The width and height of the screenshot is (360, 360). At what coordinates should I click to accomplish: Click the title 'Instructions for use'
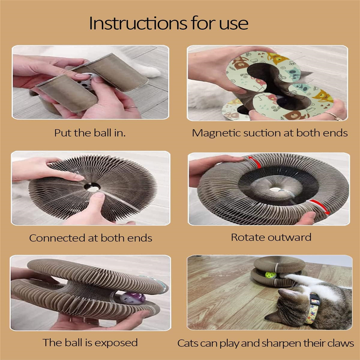(168, 23)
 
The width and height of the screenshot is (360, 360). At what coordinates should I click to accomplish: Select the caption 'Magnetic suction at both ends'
(270, 133)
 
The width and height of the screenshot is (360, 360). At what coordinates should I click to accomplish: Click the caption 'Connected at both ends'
(90, 238)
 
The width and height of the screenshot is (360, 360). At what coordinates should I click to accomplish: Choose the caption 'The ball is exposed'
(90, 342)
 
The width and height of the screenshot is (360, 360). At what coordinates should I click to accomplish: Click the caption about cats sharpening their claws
(265, 343)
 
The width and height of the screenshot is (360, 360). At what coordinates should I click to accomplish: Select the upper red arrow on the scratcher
(255, 160)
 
